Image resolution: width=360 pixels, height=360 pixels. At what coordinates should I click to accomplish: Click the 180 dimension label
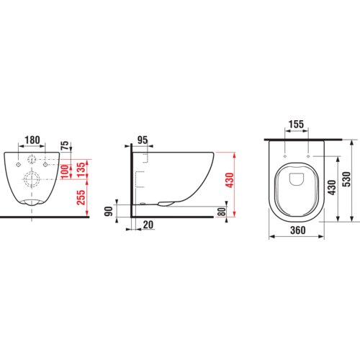(x=32, y=140)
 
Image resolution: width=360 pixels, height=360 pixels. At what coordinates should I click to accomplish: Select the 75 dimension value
(x=65, y=145)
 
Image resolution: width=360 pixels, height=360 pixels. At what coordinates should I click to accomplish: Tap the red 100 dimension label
(x=65, y=172)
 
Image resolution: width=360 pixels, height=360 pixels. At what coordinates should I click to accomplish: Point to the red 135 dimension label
(x=81, y=170)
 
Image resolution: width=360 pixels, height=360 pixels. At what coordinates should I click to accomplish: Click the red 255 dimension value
(x=81, y=197)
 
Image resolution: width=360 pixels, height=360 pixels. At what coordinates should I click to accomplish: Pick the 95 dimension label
(x=143, y=140)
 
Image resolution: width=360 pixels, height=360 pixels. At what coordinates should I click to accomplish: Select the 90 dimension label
(x=109, y=211)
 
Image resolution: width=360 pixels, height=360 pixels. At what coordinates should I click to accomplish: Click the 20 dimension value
(x=148, y=225)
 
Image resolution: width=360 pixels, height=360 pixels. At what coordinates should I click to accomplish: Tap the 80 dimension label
(x=222, y=212)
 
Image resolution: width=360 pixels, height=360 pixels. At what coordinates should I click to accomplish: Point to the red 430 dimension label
(x=230, y=180)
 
